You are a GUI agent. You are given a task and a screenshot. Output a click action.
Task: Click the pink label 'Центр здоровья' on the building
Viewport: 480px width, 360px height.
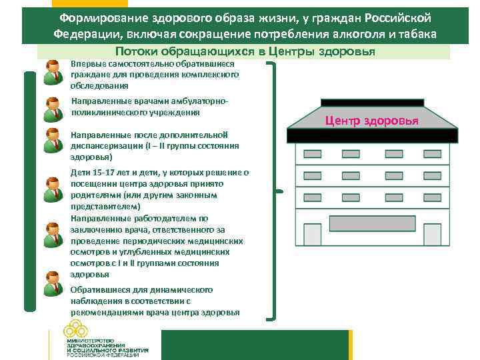click(x=371, y=121)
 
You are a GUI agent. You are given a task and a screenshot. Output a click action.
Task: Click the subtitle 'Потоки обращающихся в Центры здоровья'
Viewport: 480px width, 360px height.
click(x=245, y=52)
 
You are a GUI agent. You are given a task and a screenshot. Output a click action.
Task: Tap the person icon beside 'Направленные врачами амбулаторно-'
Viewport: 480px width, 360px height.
click(x=53, y=109)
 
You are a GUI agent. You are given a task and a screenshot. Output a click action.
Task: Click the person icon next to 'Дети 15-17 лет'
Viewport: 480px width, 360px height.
click(x=53, y=189)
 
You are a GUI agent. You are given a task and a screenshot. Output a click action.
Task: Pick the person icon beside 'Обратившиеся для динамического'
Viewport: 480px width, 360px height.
click(x=53, y=283)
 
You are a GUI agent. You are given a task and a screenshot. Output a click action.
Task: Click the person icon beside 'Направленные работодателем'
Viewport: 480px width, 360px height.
click(x=53, y=235)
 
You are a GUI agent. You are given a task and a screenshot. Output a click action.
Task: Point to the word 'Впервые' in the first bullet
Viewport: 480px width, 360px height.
click(x=86, y=63)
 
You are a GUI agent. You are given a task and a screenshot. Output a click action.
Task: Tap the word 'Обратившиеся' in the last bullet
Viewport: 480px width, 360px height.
click(x=99, y=290)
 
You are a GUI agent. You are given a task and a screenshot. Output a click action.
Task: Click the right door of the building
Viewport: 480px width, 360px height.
click(x=432, y=233)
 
